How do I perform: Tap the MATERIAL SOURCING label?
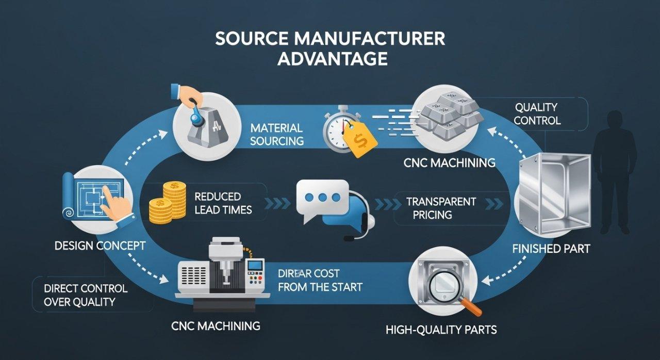pos(276,134)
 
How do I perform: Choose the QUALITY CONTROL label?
pos(536,114)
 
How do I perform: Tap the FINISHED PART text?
pos(551,249)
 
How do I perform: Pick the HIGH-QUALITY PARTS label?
pos(441,329)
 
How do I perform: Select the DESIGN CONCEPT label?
pos(100,246)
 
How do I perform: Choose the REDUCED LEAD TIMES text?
pos(223,203)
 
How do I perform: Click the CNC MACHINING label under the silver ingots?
pos(449,163)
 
